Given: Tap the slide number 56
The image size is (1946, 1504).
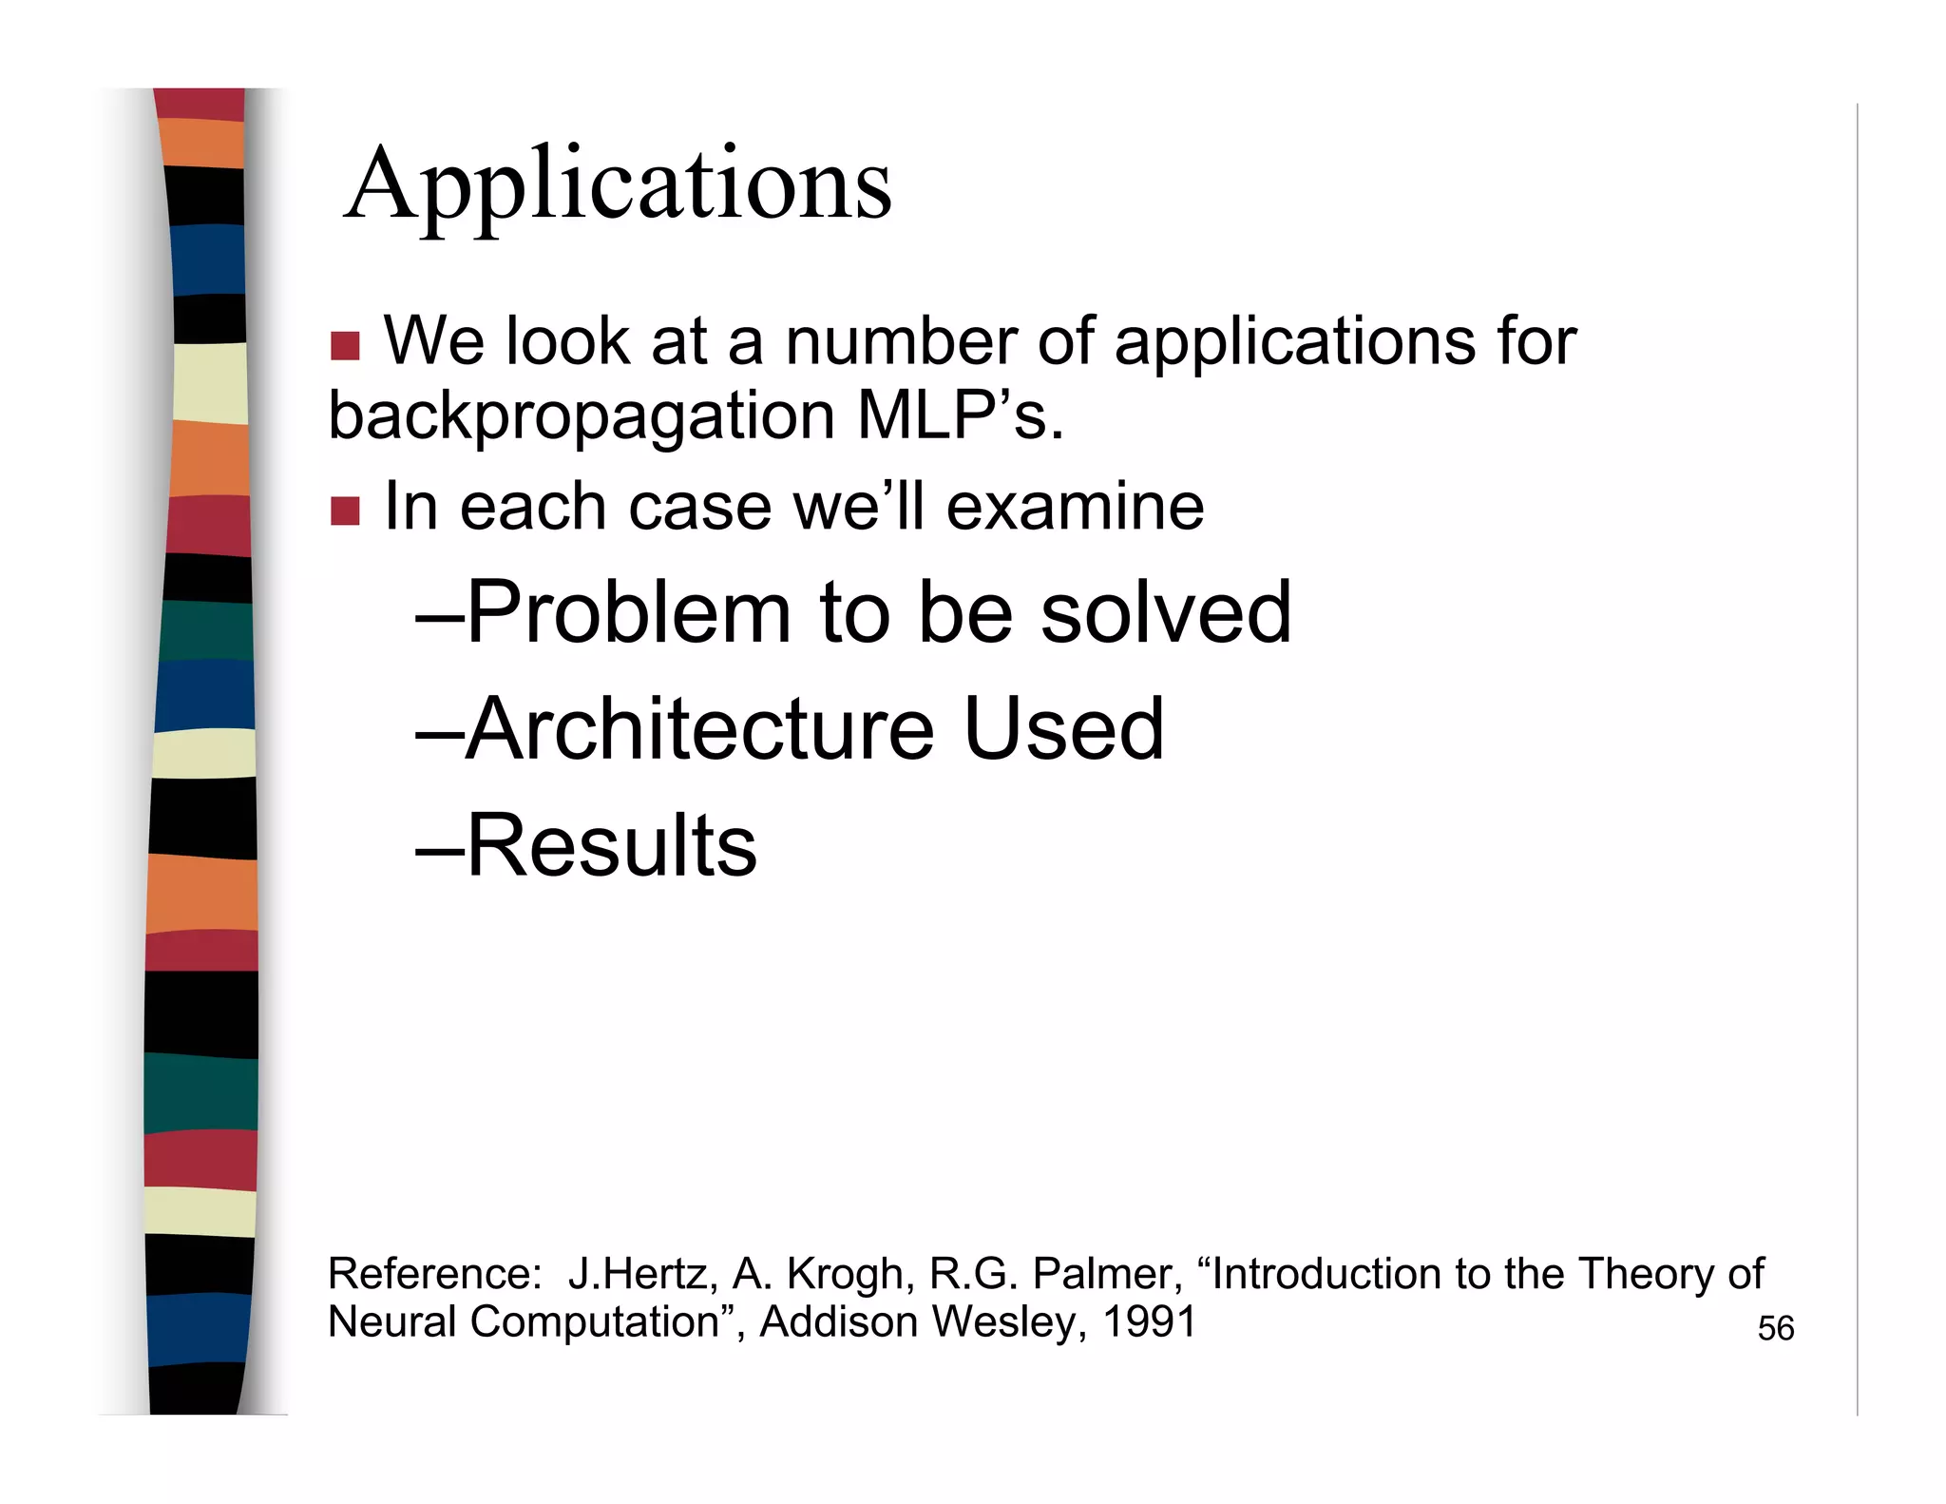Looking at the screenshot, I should click(1775, 1328).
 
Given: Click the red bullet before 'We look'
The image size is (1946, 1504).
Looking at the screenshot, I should click(345, 346).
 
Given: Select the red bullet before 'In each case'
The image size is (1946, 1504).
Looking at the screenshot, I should click(345, 511).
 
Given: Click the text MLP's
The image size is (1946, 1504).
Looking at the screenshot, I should click(960, 415).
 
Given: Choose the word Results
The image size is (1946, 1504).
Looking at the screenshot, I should click(612, 846).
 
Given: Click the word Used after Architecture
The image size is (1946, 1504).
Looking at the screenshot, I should click(1063, 729).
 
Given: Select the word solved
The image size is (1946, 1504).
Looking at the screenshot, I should click(1166, 613).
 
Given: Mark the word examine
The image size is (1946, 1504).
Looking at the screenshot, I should click(1075, 507).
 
